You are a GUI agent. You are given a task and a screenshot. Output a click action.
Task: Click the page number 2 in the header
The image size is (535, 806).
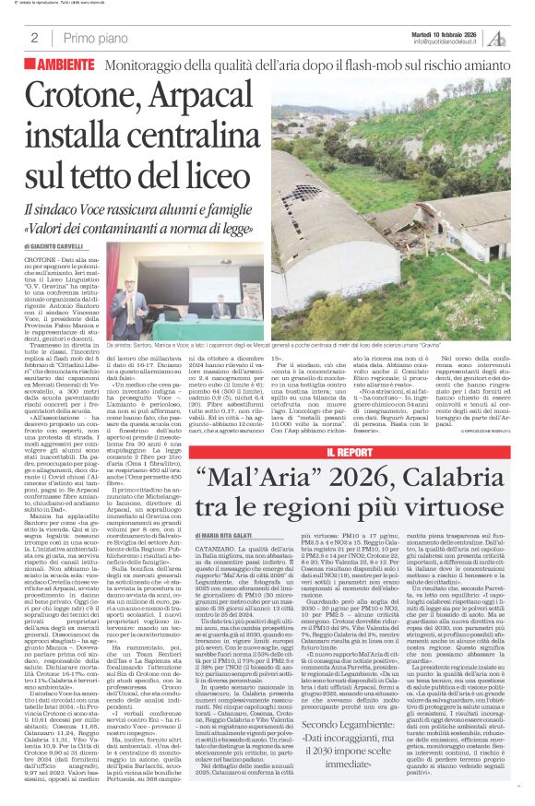click(34, 39)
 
